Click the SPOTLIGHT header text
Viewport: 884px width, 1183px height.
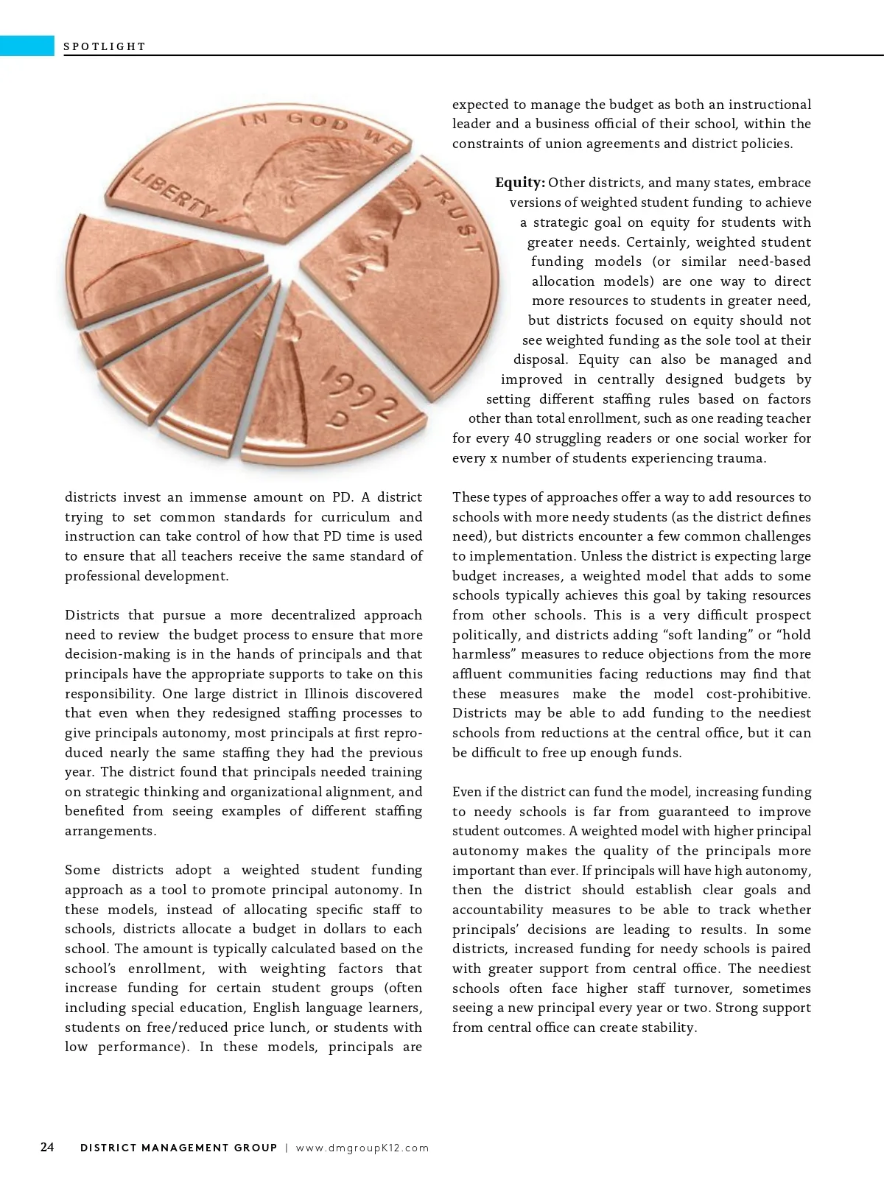[x=105, y=46]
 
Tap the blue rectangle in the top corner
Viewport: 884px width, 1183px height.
[x=27, y=46]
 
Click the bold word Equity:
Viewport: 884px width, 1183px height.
[x=519, y=183]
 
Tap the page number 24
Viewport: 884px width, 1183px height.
[x=47, y=1147]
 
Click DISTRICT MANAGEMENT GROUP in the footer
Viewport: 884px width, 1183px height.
[x=178, y=1148]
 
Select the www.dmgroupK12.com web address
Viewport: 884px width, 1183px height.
[x=362, y=1148]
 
